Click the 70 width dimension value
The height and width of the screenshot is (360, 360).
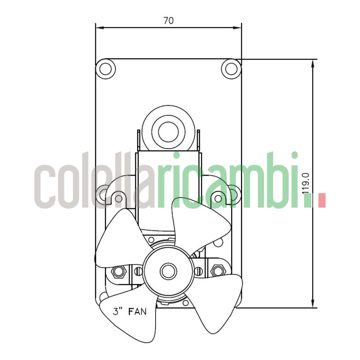(x=168, y=20)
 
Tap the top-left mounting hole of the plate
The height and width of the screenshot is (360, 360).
(x=106, y=68)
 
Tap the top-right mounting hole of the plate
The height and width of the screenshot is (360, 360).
(x=231, y=68)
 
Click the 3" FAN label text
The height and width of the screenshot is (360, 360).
(x=130, y=311)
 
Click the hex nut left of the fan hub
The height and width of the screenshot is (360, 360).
(x=119, y=271)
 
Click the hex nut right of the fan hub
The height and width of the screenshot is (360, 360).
(x=218, y=271)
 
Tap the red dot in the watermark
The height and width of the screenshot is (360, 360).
(x=321, y=200)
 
